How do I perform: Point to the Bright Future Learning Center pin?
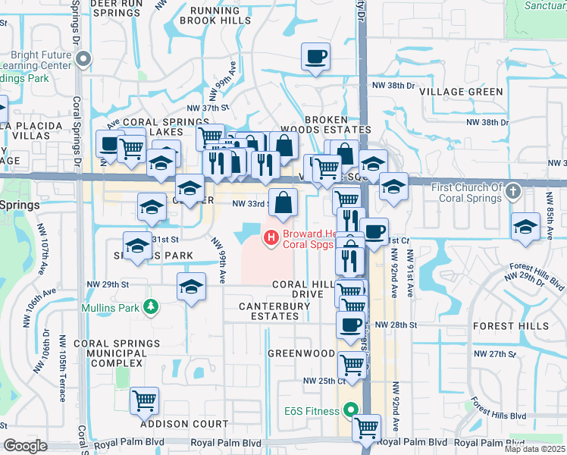[86, 59]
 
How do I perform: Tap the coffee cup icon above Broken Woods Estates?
[315, 57]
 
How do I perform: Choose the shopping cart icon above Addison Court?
[144, 400]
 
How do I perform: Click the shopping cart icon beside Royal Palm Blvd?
[366, 428]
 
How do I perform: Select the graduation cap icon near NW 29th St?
[191, 287]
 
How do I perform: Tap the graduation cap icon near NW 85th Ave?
[525, 227]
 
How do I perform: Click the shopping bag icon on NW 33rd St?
[283, 202]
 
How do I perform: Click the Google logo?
[25, 446]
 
